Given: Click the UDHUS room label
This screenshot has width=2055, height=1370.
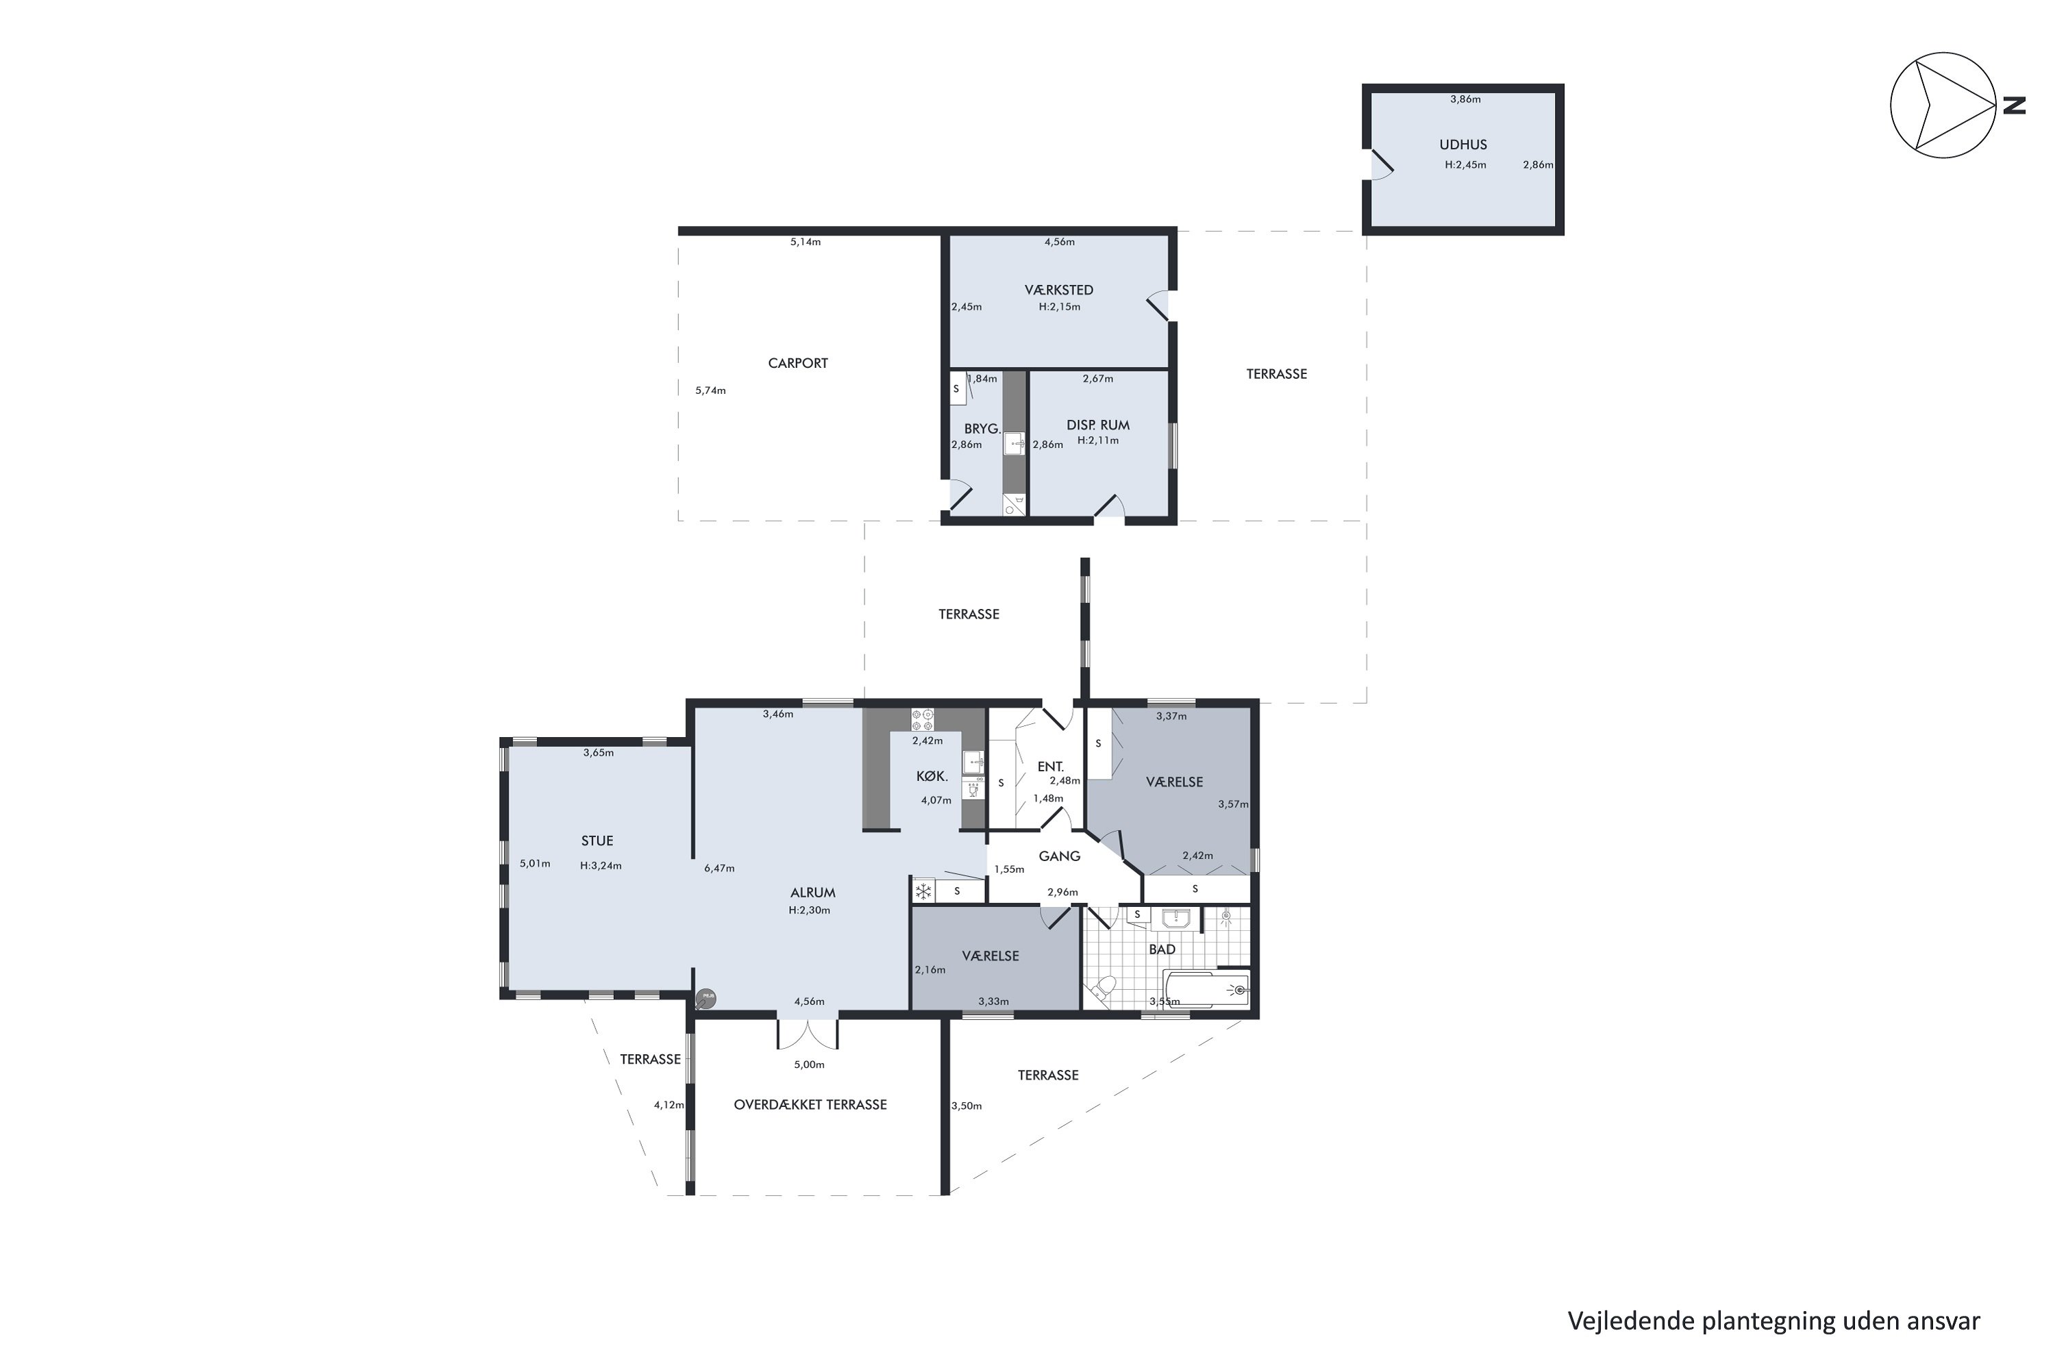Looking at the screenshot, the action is pos(1462,145).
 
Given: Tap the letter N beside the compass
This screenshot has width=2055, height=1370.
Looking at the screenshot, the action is pos(2014,105).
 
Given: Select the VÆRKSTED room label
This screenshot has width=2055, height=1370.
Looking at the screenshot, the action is pos(1059,290).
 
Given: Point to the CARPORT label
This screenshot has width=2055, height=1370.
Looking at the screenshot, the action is pos(798,364).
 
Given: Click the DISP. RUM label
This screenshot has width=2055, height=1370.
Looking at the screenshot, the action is pos(1098,425).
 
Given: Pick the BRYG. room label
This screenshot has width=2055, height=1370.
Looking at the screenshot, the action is pos(982,429).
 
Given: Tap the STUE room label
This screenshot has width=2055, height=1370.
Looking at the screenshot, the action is pos(597,840).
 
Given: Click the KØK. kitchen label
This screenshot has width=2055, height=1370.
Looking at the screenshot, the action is pos(932,776).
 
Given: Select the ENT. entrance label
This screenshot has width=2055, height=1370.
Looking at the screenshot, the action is pos(1050,767).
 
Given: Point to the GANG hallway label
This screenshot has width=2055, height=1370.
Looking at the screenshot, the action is pos(1060,856).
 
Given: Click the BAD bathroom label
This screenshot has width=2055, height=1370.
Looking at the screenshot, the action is pos(1162,949).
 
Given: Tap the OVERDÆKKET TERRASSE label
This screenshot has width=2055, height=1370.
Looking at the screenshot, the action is pos(810,1104).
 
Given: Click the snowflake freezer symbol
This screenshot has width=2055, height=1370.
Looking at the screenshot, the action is pos(923,891).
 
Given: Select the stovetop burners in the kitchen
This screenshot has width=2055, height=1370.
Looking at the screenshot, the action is pos(923,720).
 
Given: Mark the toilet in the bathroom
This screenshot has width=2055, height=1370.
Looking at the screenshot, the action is pos(1101,988).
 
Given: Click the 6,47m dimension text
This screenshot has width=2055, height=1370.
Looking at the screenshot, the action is pos(719,869).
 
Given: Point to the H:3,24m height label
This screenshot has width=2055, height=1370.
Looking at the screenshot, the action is pos(601,866).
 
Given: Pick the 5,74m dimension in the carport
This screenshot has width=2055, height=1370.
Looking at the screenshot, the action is pos(710,390).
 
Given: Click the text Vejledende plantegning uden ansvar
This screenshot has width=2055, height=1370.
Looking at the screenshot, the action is pos(1773,1321).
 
